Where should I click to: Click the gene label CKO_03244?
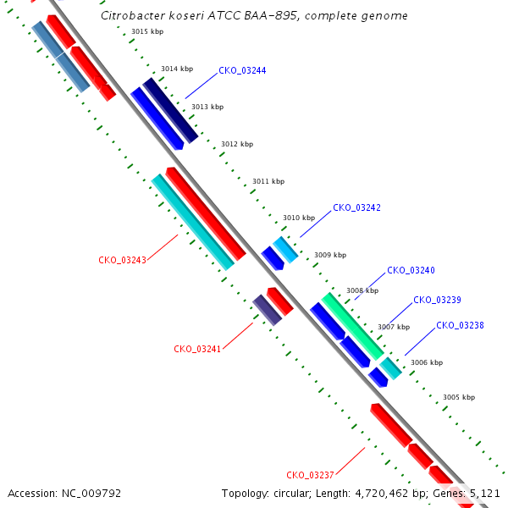click(242, 70)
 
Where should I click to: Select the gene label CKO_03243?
click(123, 260)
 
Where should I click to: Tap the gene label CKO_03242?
click(356, 207)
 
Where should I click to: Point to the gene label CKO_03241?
click(197, 349)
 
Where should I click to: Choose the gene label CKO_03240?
click(411, 270)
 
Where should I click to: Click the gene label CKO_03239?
click(437, 300)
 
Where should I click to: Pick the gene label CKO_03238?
click(460, 325)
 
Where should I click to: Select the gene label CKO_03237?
click(310, 475)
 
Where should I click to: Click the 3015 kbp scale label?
click(147, 31)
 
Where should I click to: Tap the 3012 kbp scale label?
click(237, 144)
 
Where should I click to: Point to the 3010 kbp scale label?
click(299, 218)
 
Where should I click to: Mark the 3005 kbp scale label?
click(459, 397)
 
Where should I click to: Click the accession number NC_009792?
click(91, 494)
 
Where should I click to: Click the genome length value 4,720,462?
click(382, 494)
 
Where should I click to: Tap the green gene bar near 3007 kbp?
click(353, 327)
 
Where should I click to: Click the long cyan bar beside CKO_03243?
click(193, 222)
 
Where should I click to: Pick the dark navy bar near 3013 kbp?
click(170, 110)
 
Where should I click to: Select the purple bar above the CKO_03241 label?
click(268, 310)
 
